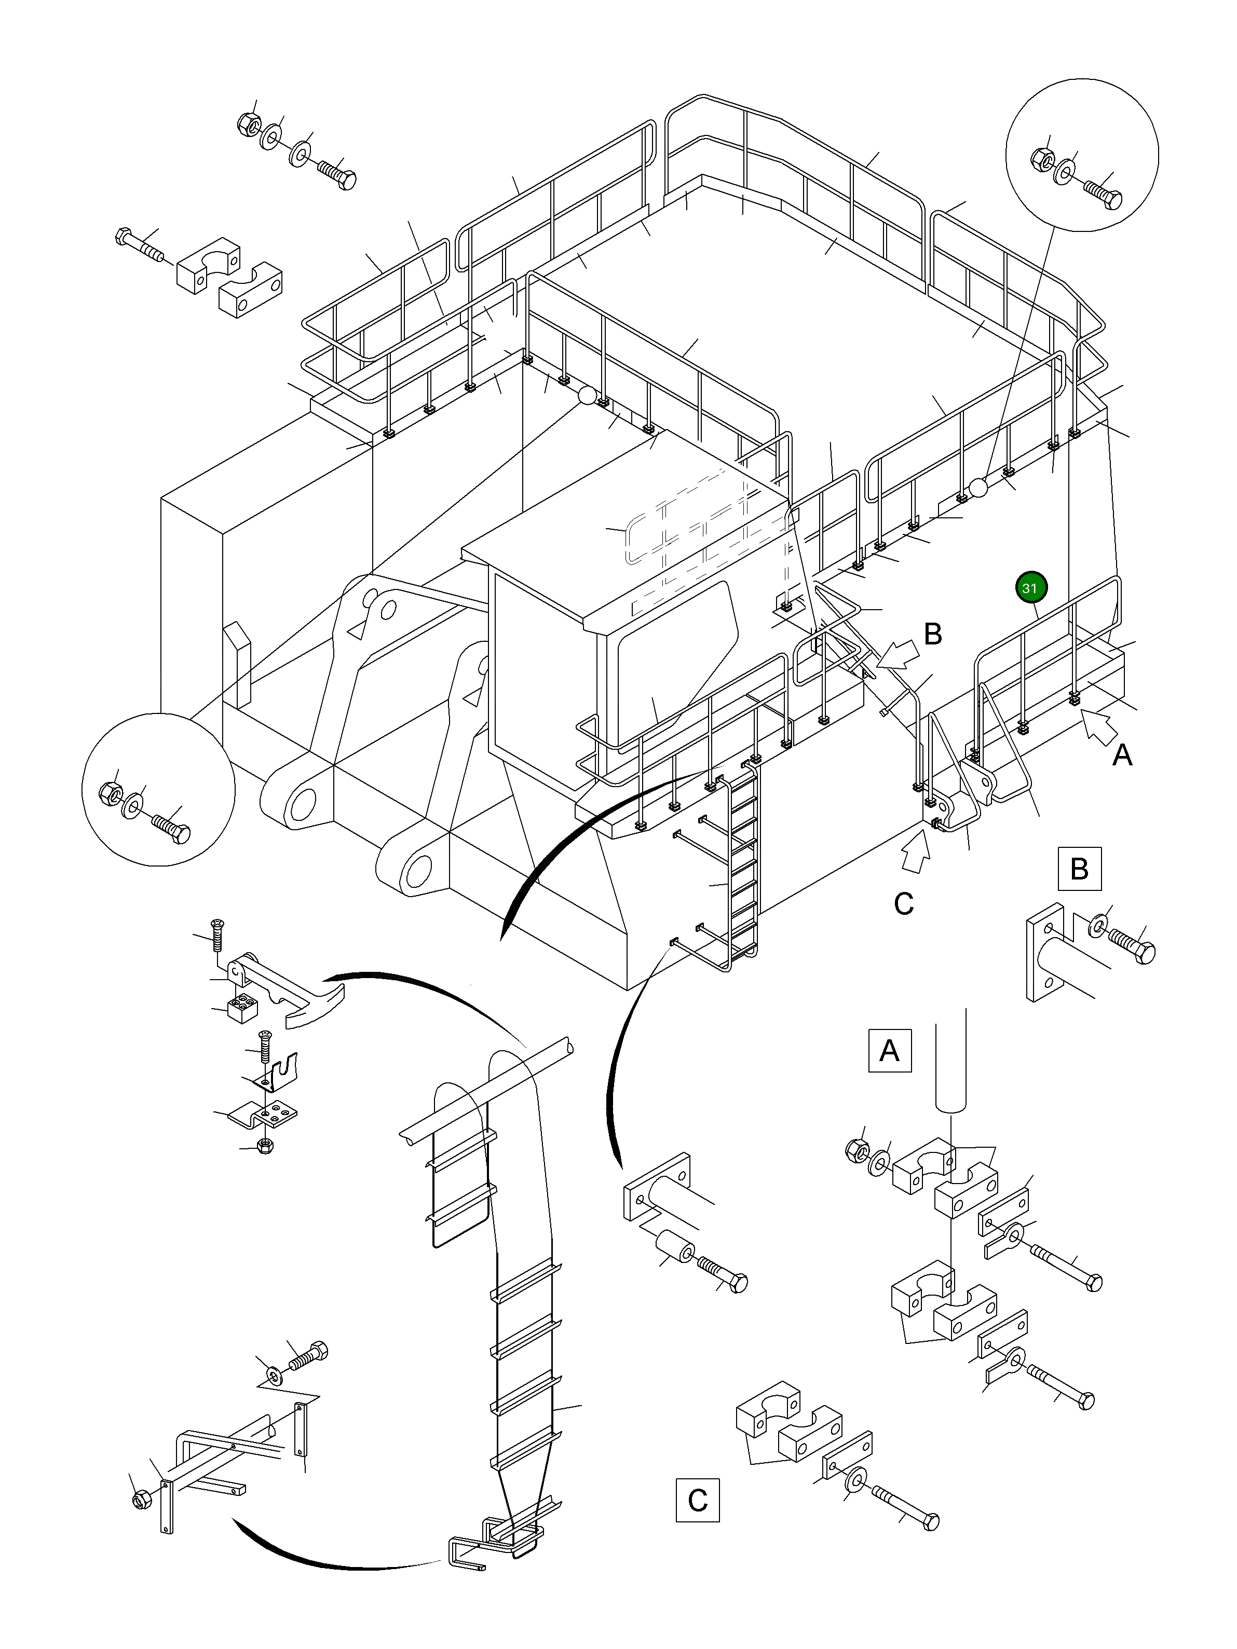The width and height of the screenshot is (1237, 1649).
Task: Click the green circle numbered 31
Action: click(1030, 587)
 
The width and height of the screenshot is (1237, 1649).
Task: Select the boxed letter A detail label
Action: click(890, 1050)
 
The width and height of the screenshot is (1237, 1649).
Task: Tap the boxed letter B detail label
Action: click(1079, 869)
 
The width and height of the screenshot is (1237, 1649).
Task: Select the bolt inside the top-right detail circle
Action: click(1103, 194)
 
